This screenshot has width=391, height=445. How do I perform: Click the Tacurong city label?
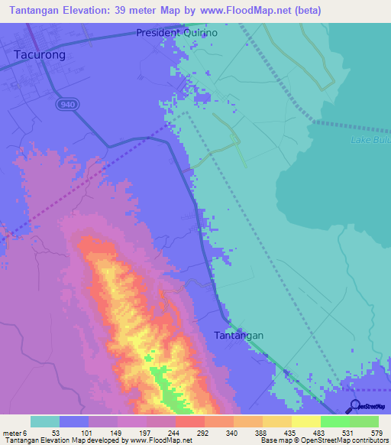point(40,55)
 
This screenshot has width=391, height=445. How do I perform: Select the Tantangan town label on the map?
point(238,336)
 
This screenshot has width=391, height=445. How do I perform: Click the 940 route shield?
point(65,103)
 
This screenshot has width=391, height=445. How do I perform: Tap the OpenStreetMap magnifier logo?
point(355,406)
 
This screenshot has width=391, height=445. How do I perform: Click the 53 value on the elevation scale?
point(57,433)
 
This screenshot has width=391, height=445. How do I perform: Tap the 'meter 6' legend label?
point(16,433)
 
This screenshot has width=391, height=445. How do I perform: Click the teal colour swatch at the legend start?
point(45,421)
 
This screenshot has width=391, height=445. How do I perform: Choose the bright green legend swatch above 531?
point(335,421)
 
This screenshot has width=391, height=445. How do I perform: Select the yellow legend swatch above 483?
point(306,421)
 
